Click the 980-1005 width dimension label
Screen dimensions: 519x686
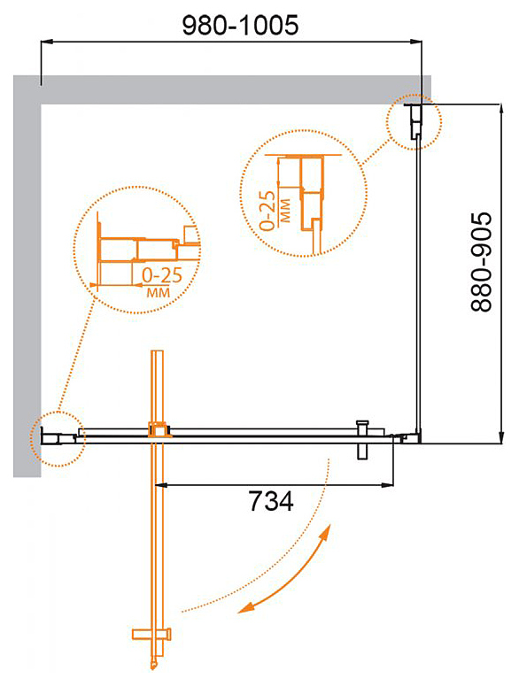pos(240,25)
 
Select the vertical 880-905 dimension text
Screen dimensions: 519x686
pos(482,262)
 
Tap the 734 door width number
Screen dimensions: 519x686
pos(271,501)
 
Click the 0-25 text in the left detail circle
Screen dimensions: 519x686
pos(162,275)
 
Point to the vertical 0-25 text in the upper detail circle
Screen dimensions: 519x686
pos(267,211)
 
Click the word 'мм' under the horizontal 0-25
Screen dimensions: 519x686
pos(158,292)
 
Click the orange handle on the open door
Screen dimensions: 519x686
pos(151,634)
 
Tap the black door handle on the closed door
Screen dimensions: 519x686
pos(363,440)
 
